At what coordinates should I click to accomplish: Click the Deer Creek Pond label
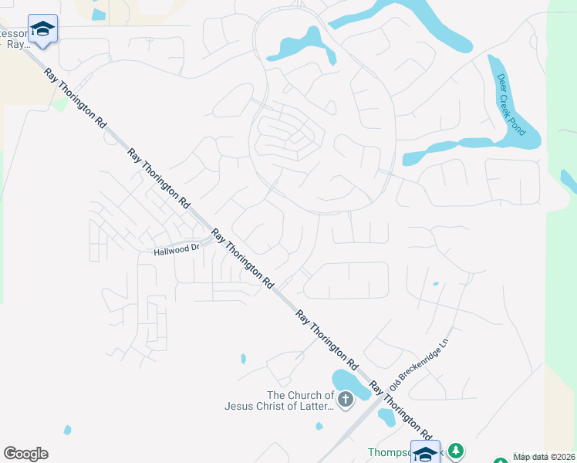511,104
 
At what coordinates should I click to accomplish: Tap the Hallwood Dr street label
177,248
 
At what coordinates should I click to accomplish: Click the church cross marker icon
345,400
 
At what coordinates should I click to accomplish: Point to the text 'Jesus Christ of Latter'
278,406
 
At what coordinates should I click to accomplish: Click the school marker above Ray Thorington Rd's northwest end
42,29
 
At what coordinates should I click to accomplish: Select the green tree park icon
456,451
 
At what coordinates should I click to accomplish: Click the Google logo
25,454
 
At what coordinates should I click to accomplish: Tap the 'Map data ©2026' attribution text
544,457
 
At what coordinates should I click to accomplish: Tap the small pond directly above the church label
244,359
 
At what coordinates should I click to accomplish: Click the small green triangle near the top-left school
59,104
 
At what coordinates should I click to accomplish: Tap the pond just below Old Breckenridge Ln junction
386,417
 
